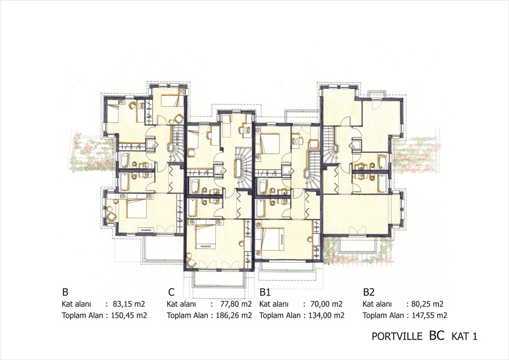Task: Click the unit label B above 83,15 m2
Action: [x=65, y=292]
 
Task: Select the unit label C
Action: [x=172, y=292]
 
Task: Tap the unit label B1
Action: [x=265, y=292]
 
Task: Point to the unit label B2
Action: [x=369, y=292]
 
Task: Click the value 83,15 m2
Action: [x=129, y=304]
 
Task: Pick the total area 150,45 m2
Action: [x=129, y=315]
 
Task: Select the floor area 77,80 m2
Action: [x=235, y=304]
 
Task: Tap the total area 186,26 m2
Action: [x=234, y=315]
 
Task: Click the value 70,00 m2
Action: [x=326, y=304]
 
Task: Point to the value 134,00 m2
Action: [x=326, y=315]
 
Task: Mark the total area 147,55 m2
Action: [x=429, y=315]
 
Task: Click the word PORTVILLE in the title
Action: [x=397, y=336]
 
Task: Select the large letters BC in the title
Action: [x=437, y=336]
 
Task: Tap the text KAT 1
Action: [x=464, y=336]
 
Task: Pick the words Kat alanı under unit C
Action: [x=181, y=304]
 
